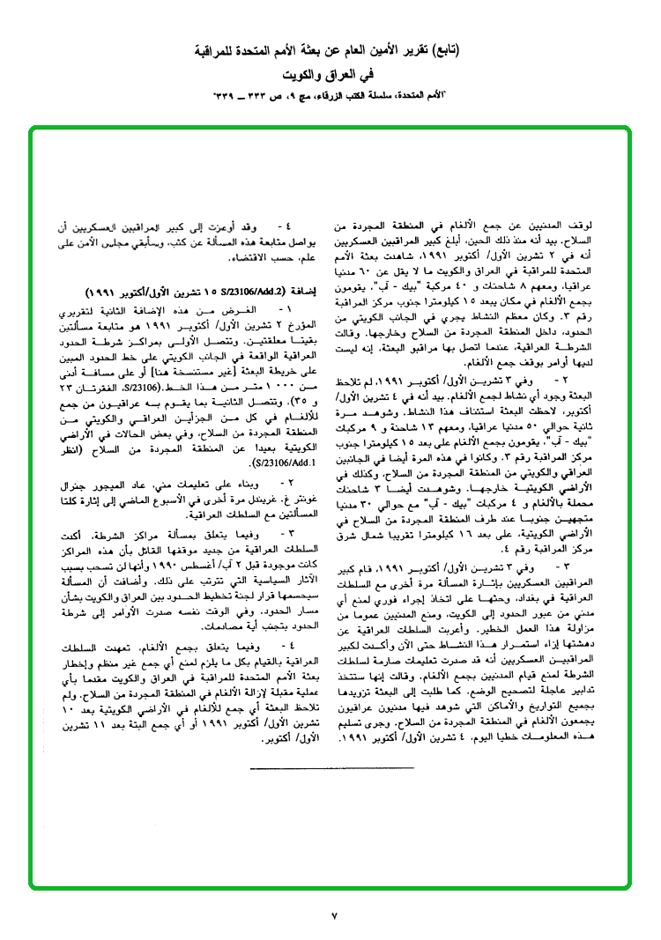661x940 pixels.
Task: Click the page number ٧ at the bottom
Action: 334,917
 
